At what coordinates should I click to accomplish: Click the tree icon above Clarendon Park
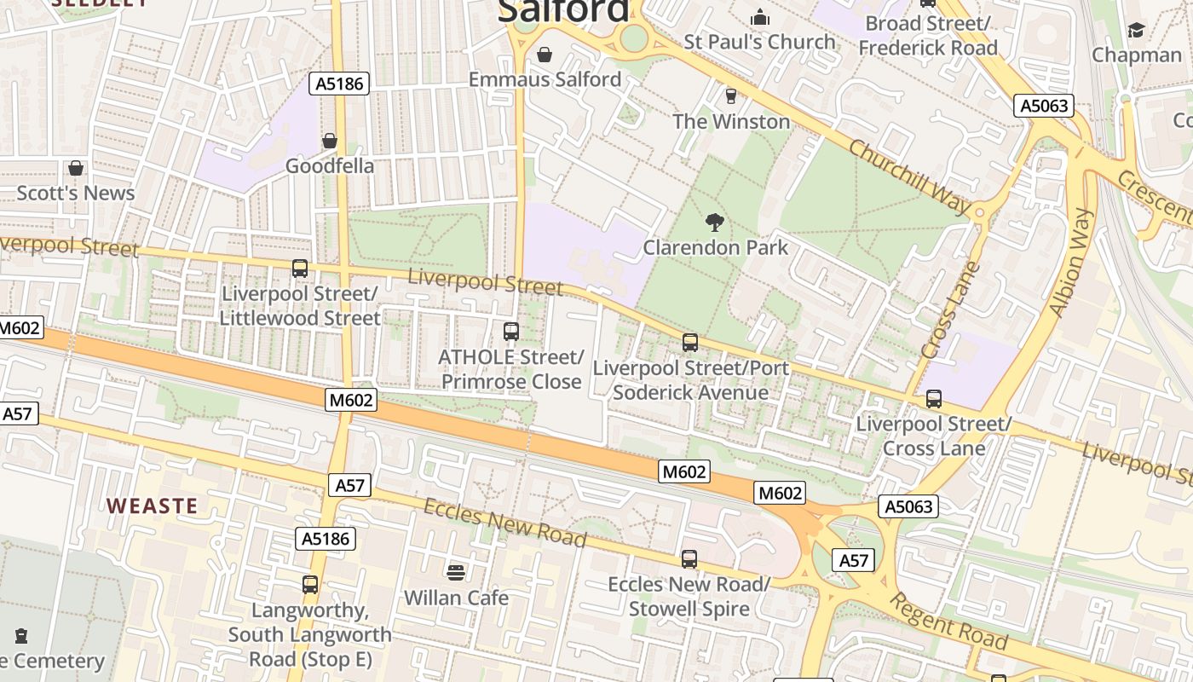(715, 223)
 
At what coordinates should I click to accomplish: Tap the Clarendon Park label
(715, 248)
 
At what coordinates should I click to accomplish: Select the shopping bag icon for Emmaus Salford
(545, 55)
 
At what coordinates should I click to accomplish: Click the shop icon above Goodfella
(329, 141)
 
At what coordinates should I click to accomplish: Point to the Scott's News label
(76, 194)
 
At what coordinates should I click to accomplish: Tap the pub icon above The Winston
(730, 96)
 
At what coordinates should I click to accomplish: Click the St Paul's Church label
(760, 42)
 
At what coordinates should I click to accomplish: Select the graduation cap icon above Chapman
(1136, 32)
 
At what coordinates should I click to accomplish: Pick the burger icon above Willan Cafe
(456, 572)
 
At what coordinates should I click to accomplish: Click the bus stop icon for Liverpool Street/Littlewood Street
(300, 269)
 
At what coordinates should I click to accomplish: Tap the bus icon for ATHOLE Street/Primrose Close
(511, 332)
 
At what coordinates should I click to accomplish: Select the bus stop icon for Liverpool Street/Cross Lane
(934, 399)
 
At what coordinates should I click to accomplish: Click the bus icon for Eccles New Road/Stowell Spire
(689, 559)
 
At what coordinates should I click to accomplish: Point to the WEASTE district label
(152, 506)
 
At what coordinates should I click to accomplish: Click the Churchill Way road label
(909, 177)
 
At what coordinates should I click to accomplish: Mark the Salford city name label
(563, 11)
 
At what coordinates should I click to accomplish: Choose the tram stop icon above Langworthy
(310, 585)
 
